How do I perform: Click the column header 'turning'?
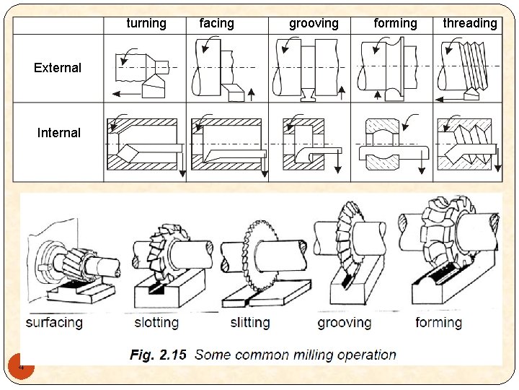tap(146, 23)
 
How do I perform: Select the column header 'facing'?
tap(216, 23)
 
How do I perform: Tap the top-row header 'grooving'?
tap(314, 23)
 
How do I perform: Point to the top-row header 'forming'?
tap(395, 23)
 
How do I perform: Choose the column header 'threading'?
tap(470, 23)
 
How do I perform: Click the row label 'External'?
tap(58, 68)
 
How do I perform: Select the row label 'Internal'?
tap(59, 133)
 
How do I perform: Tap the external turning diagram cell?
tap(145, 69)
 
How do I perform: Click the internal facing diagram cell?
tap(227, 142)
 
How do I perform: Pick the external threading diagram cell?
tap(470, 69)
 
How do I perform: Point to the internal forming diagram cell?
tap(391, 142)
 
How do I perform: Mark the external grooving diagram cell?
tap(309, 69)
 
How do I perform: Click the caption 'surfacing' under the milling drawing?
tap(54, 322)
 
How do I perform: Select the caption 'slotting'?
tap(156, 322)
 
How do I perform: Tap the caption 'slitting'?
tap(250, 322)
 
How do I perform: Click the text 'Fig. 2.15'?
tap(158, 355)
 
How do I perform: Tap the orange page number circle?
tap(22, 367)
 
